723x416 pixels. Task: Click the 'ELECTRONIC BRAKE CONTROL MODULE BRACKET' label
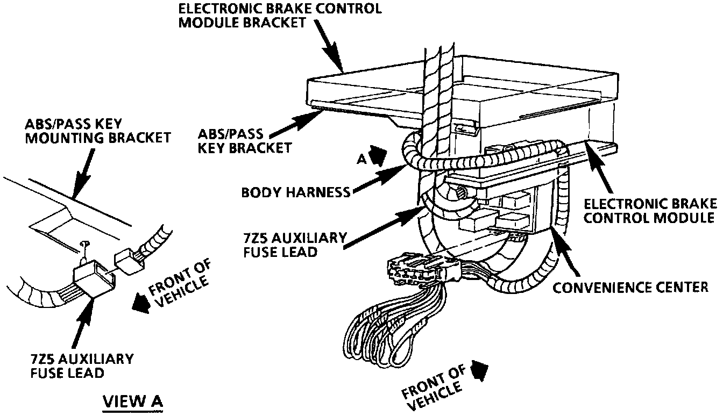click(x=280, y=16)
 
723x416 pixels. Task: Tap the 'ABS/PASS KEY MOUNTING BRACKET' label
click(x=98, y=131)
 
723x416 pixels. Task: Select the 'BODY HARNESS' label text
click(x=296, y=192)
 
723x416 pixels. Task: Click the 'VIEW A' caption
click(x=133, y=401)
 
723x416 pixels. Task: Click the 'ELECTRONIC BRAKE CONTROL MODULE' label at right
click(x=650, y=211)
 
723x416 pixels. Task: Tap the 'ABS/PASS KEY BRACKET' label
click(x=245, y=141)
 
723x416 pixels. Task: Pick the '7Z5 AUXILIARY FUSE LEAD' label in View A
click(x=82, y=365)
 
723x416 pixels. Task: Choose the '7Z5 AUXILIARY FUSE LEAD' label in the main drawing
click(x=295, y=246)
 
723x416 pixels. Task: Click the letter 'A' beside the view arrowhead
click(x=362, y=159)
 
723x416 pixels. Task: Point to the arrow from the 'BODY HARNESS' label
click(x=380, y=178)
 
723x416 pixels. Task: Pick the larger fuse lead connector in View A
click(x=94, y=278)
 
